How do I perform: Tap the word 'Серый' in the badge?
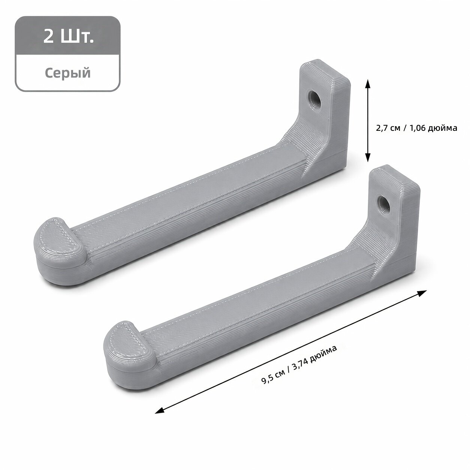tap(68, 72)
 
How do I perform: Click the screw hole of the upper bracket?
tap(314, 97)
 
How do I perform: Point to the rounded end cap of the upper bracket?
tap(60, 249)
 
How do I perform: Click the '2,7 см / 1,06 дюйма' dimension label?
tap(416, 128)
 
